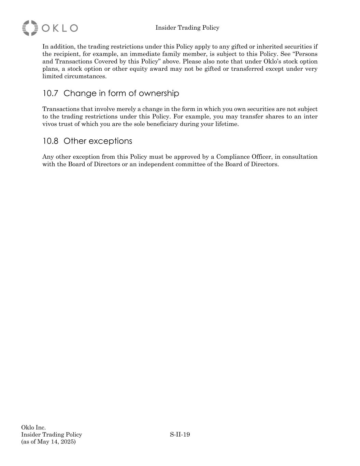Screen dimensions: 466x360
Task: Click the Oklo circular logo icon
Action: coord(30,28)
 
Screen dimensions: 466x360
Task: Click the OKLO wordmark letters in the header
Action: coord(60,28)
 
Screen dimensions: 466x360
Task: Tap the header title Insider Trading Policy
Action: coord(187,28)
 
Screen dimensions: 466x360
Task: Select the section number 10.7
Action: coord(50,93)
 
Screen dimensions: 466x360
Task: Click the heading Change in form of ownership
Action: coord(121,93)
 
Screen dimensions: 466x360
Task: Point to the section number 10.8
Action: coord(50,141)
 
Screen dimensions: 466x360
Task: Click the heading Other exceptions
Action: coord(98,141)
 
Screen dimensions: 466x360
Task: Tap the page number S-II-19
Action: coord(180,435)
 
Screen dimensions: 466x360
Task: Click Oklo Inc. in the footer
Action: coord(33,427)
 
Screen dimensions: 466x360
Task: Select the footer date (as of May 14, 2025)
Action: coord(48,442)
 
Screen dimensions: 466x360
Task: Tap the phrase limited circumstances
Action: coord(74,76)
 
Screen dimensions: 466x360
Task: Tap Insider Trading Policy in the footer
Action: coord(52,435)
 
